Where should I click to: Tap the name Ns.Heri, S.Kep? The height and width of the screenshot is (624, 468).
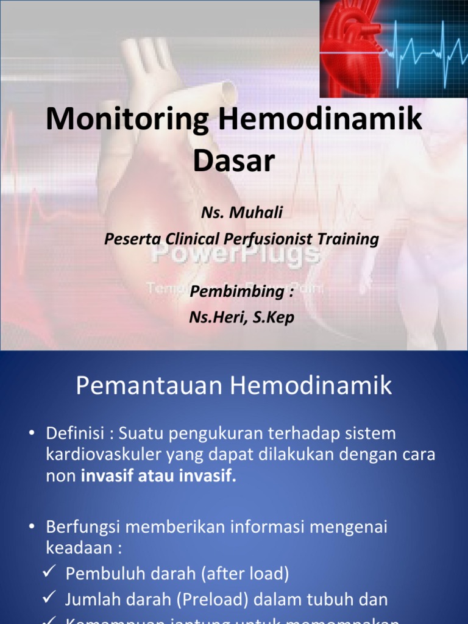point(242,317)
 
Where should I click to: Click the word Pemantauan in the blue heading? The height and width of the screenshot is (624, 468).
point(147,386)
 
